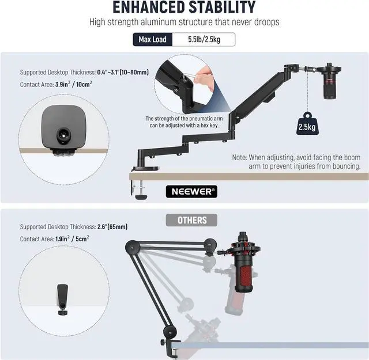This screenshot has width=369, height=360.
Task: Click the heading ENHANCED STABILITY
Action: [184, 7]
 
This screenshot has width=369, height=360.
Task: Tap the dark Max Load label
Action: [152, 40]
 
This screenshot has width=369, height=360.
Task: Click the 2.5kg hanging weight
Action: [306, 124]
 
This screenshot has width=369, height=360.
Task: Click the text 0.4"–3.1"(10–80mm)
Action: [123, 72]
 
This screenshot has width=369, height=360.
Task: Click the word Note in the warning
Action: [239, 157]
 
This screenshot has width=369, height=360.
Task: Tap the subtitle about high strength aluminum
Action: [184, 22]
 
